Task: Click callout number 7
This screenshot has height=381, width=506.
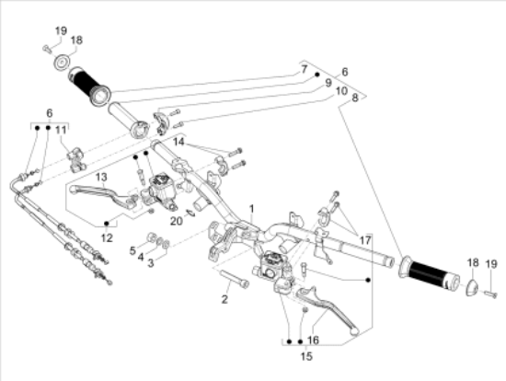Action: [303, 70]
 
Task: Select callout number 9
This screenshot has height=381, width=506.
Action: [326, 83]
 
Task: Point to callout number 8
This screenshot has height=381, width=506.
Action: [354, 108]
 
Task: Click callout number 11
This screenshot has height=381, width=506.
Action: [62, 131]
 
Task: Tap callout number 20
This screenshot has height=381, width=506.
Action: [176, 220]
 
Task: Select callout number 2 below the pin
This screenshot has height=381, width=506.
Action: [223, 299]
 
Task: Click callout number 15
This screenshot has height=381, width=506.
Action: [305, 354]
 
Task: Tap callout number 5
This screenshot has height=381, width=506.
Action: [132, 249]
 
